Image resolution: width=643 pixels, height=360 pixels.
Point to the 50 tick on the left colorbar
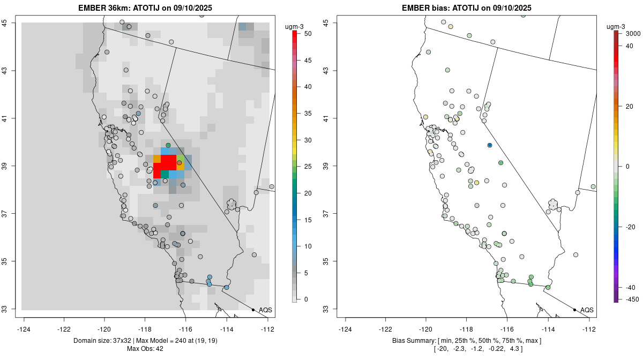(x=304, y=33)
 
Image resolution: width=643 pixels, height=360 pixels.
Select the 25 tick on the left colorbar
(x=304, y=167)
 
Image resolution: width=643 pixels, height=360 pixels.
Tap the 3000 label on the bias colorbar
(x=633, y=33)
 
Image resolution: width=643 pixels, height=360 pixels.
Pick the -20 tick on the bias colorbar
(x=630, y=227)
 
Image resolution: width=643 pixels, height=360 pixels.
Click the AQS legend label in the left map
(x=265, y=310)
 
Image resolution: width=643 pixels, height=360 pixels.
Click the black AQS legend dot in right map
(x=574, y=310)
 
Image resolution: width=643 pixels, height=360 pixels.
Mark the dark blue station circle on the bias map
(x=490, y=145)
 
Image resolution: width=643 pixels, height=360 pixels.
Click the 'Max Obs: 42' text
(x=145, y=349)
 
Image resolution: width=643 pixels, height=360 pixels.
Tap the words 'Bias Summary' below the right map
(x=412, y=341)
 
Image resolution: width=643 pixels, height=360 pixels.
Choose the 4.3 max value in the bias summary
(x=516, y=349)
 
